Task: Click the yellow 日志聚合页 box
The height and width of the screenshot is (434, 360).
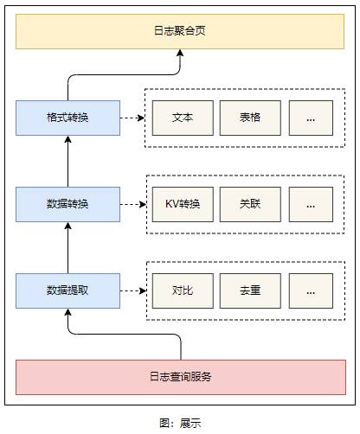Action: pyautogui.click(x=180, y=31)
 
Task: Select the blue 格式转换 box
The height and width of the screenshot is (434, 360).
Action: pyautogui.click(x=67, y=118)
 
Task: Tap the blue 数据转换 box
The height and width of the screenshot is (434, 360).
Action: pyautogui.click(x=67, y=204)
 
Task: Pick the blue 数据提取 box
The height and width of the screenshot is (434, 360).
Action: pyautogui.click(x=67, y=290)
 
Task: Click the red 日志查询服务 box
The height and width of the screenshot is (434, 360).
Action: pyautogui.click(x=181, y=377)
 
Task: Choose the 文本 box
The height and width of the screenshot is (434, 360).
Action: pyautogui.click(x=183, y=118)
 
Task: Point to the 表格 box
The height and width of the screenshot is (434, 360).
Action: pyautogui.click(x=250, y=118)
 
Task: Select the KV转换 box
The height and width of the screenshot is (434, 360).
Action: pyautogui.click(x=183, y=204)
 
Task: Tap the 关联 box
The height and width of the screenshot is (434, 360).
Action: pyautogui.click(x=250, y=204)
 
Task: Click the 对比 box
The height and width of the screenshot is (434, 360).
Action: pyautogui.click(x=183, y=290)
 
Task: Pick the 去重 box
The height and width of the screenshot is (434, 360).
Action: pyautogui.click(x=250, y=290)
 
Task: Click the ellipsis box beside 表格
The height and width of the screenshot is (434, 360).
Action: pyautogui.click(x=311, y=118)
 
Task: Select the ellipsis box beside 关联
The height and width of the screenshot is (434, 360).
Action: pyautogui.click(x=311, y=204)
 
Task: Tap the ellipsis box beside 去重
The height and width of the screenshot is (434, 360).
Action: pyautogui.click(x=311, y=290)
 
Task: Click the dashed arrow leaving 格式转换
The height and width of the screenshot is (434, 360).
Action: pyautogui.click(x=132, y=118)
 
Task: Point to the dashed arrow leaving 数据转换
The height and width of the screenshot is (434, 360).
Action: pyautogui.click(x=133, y=204)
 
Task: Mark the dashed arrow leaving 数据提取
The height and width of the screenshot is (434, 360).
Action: pyautogui.click(x=133, y=290)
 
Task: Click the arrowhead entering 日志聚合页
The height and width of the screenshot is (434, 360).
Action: pyautogui.click(x=180, y=53)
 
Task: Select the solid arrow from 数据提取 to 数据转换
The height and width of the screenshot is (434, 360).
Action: pyautogui.click(x=67, y=247)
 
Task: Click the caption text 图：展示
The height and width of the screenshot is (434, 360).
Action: pyautogui.click(x=180, y=423)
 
